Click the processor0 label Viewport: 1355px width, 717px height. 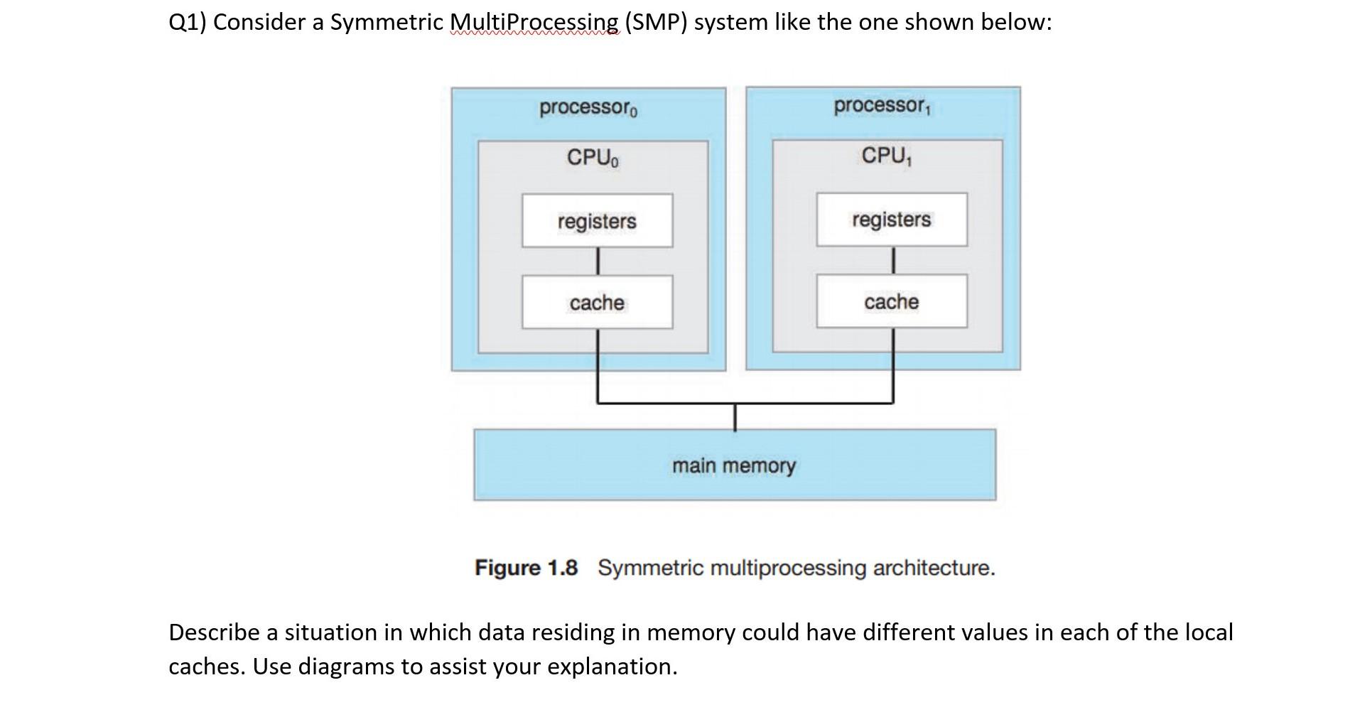click(588, 109)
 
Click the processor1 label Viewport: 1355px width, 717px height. click(882, 107)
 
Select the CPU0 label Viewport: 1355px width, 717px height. click(593, 157)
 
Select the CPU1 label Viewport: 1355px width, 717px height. click(887, 156)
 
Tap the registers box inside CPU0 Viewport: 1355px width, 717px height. click(597, 221)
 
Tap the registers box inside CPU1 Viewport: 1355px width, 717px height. click(892, 220)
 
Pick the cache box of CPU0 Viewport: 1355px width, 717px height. click(597, 303)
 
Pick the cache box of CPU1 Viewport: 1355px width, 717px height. click(892, 302)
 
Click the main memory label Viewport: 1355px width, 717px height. click(734, 465)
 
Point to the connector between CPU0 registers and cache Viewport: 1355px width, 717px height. click(598, 261)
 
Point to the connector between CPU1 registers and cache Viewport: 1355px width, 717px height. click(892, 260)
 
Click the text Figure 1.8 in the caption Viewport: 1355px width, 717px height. click(526, 568)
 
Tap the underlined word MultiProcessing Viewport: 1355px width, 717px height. click(534, 23)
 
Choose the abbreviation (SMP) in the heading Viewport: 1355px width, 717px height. click(656, 23)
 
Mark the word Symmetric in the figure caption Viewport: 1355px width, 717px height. click(651, 568)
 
